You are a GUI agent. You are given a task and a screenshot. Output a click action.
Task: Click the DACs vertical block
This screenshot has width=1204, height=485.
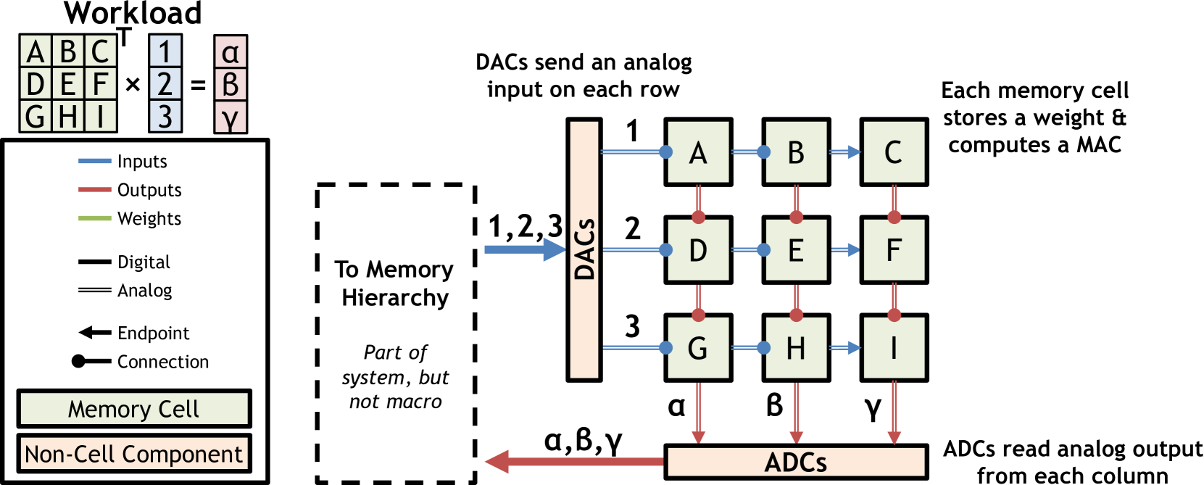[x=584, y=249]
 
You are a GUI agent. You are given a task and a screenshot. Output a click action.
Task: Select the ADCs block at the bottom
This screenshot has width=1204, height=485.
[x=795, y=462]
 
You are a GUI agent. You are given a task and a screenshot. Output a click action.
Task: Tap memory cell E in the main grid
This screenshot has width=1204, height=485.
[x=796, y=250]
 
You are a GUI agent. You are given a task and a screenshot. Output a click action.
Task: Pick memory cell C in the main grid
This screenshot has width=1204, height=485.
[x=894, y=152]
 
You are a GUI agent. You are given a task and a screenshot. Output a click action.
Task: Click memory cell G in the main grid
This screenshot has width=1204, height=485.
[x=698, y=348]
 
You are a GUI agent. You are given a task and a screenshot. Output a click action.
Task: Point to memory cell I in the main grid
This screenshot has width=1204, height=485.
[x=894, y=348]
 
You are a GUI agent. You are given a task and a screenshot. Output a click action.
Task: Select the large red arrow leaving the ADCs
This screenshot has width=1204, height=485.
[x=573, y=462]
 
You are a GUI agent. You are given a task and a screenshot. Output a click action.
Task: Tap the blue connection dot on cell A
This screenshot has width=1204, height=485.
[x=665, y=152]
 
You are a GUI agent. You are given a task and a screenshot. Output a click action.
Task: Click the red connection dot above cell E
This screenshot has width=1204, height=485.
[x=796, y=217]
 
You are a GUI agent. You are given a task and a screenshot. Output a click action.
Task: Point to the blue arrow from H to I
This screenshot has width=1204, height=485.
[x=844, y=348]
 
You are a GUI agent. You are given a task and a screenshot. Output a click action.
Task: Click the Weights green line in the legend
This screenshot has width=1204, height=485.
[x=94, y=218]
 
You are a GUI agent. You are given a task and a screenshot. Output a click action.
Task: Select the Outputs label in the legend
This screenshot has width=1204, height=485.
[x=149, y=190]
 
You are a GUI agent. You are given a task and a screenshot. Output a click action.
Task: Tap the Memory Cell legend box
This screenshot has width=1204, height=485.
[x=134, y=409]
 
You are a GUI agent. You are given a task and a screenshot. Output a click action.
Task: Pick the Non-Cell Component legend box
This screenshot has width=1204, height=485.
[x=134, y=454]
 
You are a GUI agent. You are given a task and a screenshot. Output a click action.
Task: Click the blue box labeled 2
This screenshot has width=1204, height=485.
[x=165, y=84]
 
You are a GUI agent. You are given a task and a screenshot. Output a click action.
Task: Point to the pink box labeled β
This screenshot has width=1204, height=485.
[x=231, y=84]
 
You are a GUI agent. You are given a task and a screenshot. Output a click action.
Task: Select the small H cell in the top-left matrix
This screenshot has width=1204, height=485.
[x=68, y=116]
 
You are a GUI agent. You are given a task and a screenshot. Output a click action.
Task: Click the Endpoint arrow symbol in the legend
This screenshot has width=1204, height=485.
[x=94, y=333]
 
